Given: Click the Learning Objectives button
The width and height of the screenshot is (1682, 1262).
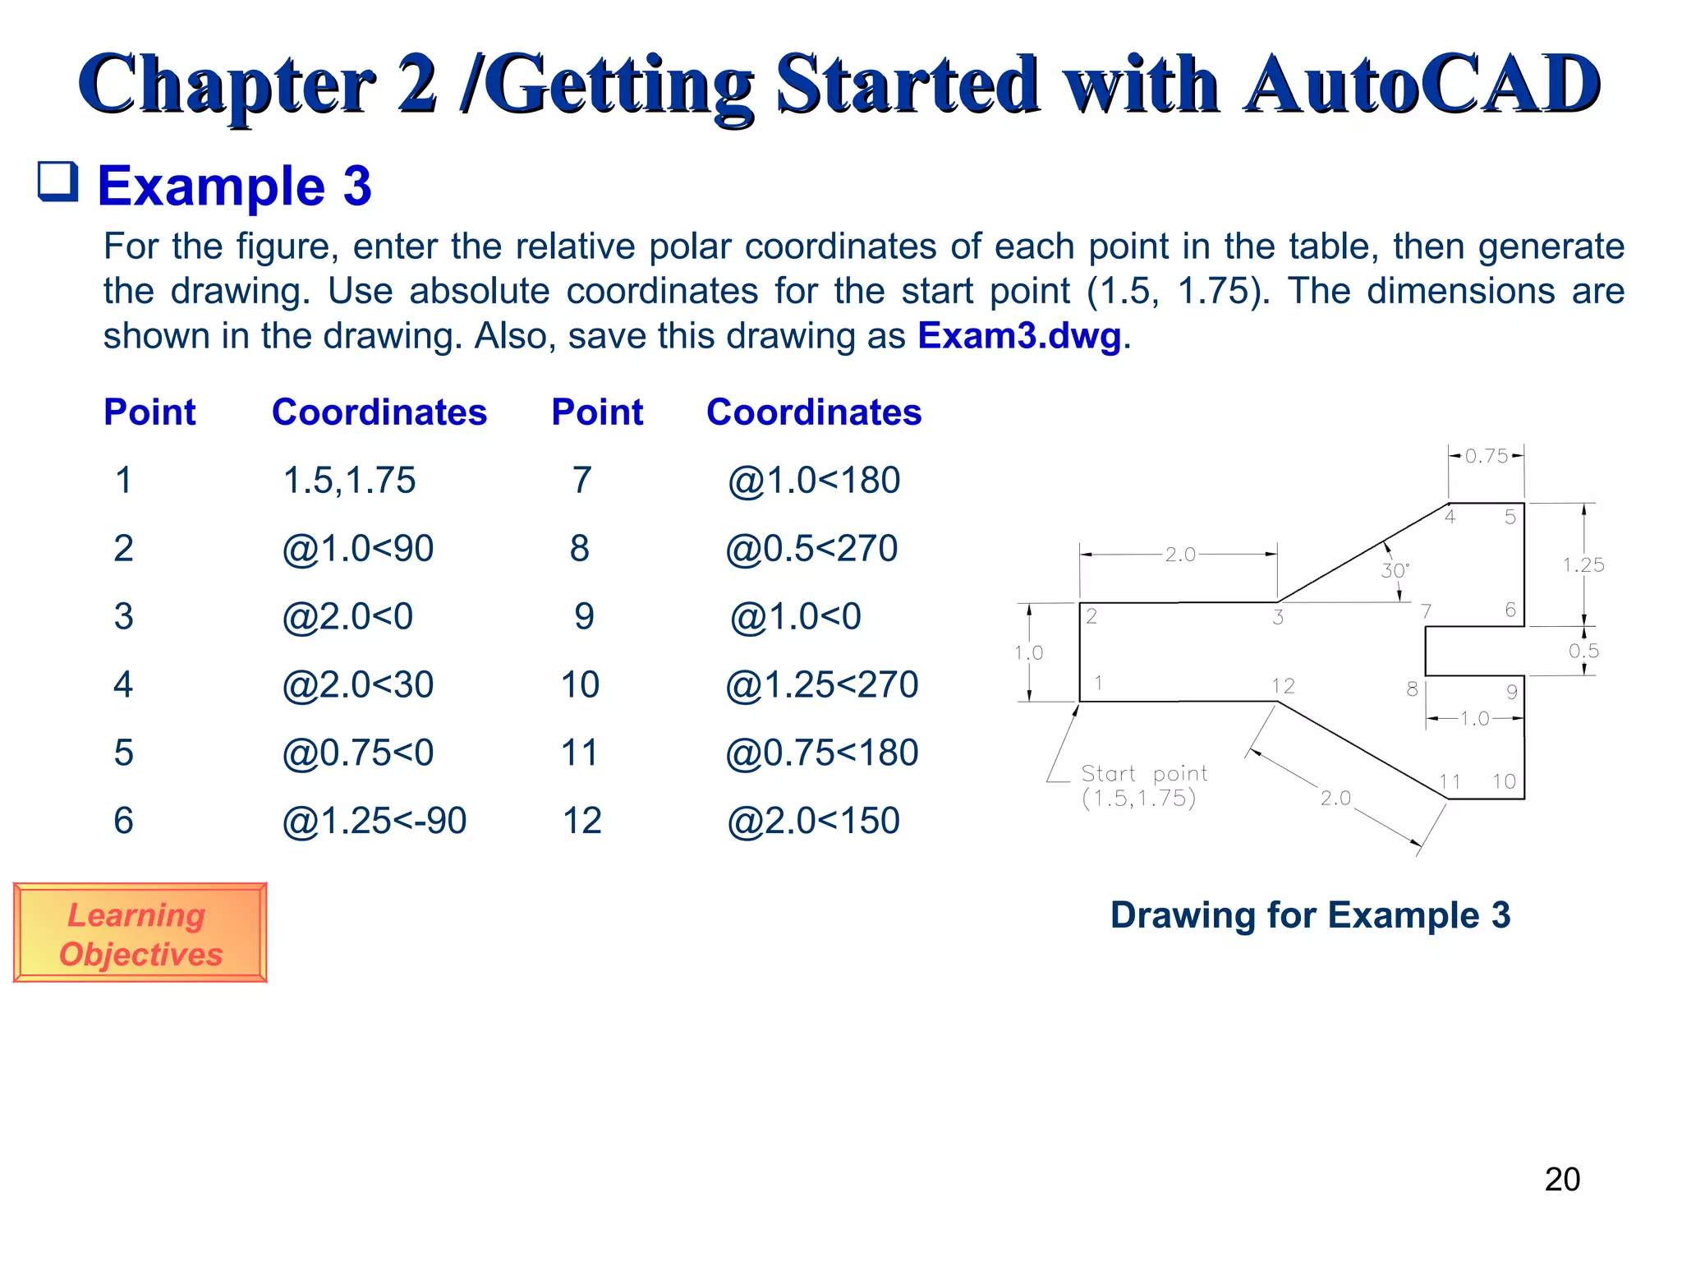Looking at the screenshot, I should pyautogui.click(x=140, y=933).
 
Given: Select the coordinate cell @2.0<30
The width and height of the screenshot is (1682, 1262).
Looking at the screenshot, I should pyautogui.click(x=357, y=684).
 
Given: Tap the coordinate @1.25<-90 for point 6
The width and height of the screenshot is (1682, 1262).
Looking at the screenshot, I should pyautogui.click(x=374, y=821).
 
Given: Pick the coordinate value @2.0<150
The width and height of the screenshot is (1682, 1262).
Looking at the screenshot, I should pyautogui.click(x=813, y=821).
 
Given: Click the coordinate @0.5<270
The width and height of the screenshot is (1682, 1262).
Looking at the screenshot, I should pyautogui.click(x=811, y=548).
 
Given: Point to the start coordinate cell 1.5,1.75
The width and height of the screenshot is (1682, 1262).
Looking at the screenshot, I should pyautogui.click(x=349, y=480).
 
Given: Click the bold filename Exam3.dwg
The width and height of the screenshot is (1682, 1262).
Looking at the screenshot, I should pyautogui.click(x=1018, y=335).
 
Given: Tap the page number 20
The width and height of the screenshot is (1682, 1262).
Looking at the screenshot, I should pyautogui.click(x=1561, y=1179).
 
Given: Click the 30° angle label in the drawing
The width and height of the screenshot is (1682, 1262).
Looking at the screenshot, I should pyautogui.click(x=1394, y=570).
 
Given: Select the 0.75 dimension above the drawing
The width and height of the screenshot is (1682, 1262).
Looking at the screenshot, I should pyautogui.click(x=1487, y=456).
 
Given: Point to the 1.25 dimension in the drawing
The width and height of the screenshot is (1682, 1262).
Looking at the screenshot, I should pyautogui.click(x=1583, y=564).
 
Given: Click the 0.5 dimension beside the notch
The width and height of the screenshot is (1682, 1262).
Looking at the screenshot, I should pyautogui.click(x=1583, y=651).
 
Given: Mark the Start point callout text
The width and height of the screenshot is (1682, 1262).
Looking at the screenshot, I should pyautogui.click(x=1143, y=785).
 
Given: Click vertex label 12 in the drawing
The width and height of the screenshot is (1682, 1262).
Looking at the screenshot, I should pyautogui.click(x=1283, y=685).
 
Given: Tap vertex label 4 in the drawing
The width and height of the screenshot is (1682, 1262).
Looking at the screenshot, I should pyautogui.click(x=1450, y=517).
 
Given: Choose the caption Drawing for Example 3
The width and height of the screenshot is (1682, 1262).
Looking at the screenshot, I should pyautogui.click(x=1310, y=914).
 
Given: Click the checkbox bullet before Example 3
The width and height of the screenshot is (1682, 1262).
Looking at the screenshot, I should pyautogui.click(x=58, y=182).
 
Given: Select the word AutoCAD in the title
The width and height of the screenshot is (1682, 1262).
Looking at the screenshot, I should pyautogui.click(x=1421, y=84).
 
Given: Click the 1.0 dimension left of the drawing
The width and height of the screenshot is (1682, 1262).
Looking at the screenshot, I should pyautogui.click(x=1028, y=652).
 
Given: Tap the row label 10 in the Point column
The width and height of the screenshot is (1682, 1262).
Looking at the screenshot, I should pyautogui.click(x=580, y=684).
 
